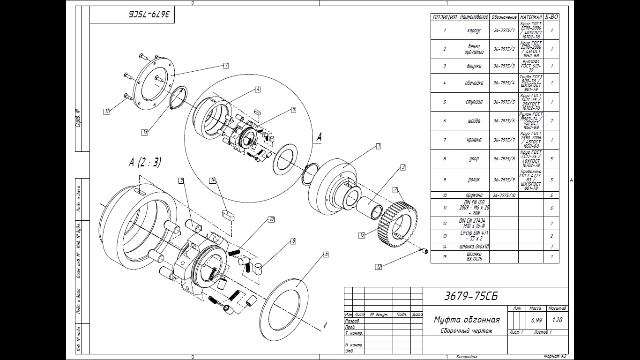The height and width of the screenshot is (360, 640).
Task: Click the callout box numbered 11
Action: point(107,111)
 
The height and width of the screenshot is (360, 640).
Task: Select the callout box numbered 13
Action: point(145,132)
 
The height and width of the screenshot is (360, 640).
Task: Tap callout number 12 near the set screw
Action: point(379,267)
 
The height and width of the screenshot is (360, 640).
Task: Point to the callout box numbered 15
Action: point(362,235)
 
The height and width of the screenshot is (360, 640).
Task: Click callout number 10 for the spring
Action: point(271,219)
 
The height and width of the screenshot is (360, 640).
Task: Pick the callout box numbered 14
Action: point(213,180)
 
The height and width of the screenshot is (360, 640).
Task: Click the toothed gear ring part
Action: point(398,224)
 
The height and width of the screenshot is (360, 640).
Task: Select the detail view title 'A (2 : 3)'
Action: point(145,163)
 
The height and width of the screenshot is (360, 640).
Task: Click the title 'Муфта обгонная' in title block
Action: point(466,320)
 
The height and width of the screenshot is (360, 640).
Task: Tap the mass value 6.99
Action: point(536,320)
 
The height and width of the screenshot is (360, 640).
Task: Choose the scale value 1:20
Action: point(558,320)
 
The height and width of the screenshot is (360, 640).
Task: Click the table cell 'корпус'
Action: point(474,30)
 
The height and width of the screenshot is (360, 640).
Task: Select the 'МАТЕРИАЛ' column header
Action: point(531,17)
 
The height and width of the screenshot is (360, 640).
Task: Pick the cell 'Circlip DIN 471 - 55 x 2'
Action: point(473,236)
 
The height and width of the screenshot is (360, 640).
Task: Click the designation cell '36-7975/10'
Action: point(504,195)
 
